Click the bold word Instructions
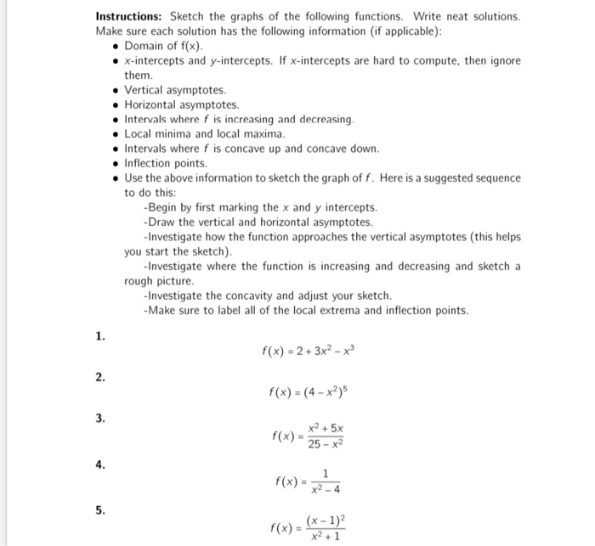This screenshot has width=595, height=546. [x=129, y=16]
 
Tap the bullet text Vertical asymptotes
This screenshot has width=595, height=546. [x=175, y=89]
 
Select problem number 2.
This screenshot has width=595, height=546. [x=100, y=376]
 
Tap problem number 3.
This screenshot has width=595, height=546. [x=100, y=419]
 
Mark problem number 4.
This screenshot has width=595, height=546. [x=100, y=464]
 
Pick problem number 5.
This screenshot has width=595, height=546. [x=100, y=510]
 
